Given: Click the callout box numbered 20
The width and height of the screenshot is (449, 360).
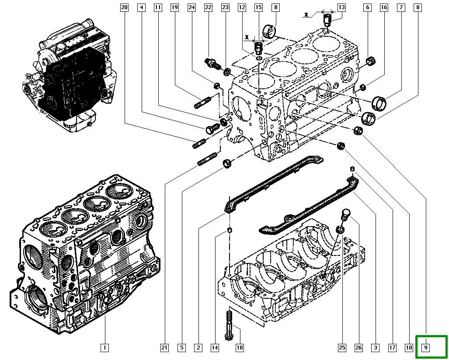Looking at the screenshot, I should click(x=124, y=7).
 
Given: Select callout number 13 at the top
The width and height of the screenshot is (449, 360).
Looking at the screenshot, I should click(x=341, y=7).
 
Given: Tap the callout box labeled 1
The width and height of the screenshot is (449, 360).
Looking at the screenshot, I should click(x=104, y=348).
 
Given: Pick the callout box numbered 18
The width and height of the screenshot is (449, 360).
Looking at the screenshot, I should click(x=240, y=348).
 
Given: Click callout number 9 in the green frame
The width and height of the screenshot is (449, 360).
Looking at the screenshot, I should click(x=425, y=348).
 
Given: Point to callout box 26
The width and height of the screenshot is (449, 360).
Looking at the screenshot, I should click(x=359, y=348).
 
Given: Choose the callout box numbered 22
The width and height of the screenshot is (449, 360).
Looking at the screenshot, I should click(x=208, y=7).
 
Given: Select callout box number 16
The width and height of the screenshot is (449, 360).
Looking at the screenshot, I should click(x=384, y=7).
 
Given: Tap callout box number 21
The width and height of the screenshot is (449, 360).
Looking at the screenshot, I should click(x=164, y=348).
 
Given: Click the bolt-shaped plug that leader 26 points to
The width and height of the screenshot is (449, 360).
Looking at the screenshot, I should click(x=345, y=214).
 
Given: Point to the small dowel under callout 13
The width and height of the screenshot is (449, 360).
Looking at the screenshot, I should click(x=327, y=20).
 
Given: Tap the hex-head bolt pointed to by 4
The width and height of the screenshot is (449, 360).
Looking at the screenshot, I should click(x=211, y=129).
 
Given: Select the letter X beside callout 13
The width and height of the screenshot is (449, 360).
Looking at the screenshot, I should click(x=307, y=14).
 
